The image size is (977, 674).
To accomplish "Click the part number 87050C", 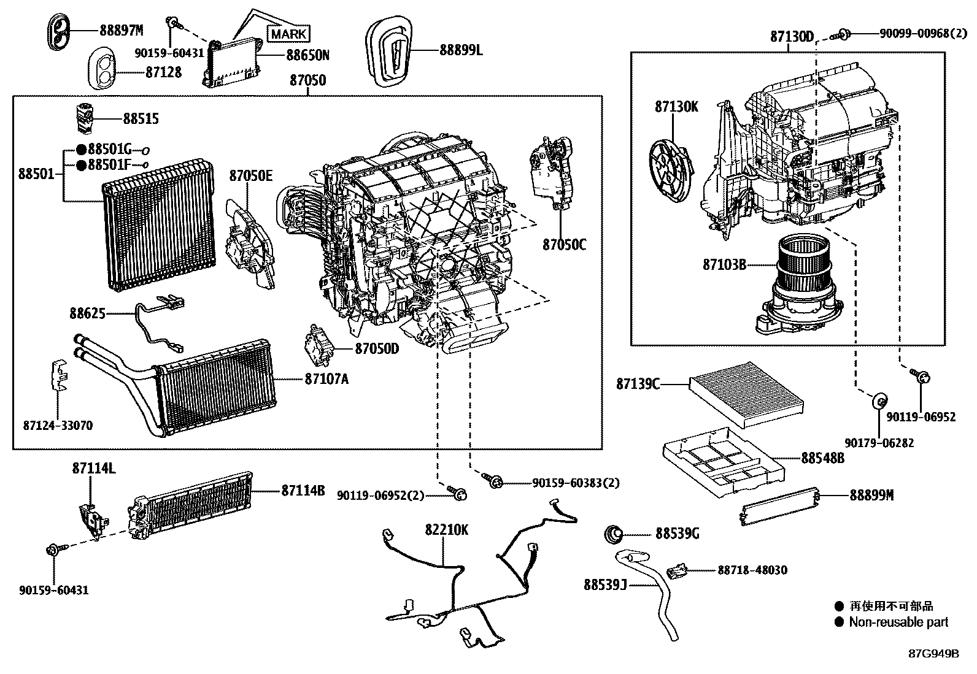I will click(564, 245).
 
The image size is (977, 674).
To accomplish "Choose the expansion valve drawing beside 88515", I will click(84, 117).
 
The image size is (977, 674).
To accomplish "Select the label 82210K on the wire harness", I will click(447, 529).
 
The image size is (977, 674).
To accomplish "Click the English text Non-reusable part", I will click(898, 622).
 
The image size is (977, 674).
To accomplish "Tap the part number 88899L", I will click(461, 50).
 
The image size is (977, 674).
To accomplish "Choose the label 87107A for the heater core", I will click(326, 379).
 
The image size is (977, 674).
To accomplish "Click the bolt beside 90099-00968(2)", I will click(843, 35).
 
